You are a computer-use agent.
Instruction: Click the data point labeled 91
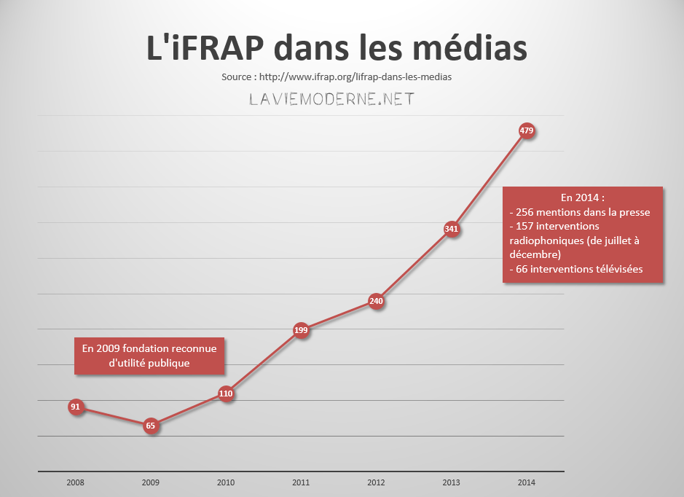75,407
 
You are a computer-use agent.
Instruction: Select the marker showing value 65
151,426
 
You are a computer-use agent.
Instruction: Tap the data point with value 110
226,394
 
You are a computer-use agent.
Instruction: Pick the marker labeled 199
301,330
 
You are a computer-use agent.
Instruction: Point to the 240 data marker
376,300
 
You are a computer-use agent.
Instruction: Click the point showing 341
452,230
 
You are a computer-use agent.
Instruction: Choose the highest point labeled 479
527,131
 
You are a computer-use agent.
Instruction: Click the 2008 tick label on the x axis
75,482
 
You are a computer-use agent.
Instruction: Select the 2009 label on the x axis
150,482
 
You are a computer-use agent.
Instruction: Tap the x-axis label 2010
226,482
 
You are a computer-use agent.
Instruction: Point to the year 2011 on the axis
301,482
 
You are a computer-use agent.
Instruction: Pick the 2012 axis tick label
376,482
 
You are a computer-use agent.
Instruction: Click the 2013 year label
452,482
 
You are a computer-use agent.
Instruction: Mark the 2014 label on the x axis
527,482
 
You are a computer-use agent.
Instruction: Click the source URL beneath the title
361,77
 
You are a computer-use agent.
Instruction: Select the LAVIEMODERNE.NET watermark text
331,100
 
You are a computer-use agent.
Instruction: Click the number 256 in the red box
525,212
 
